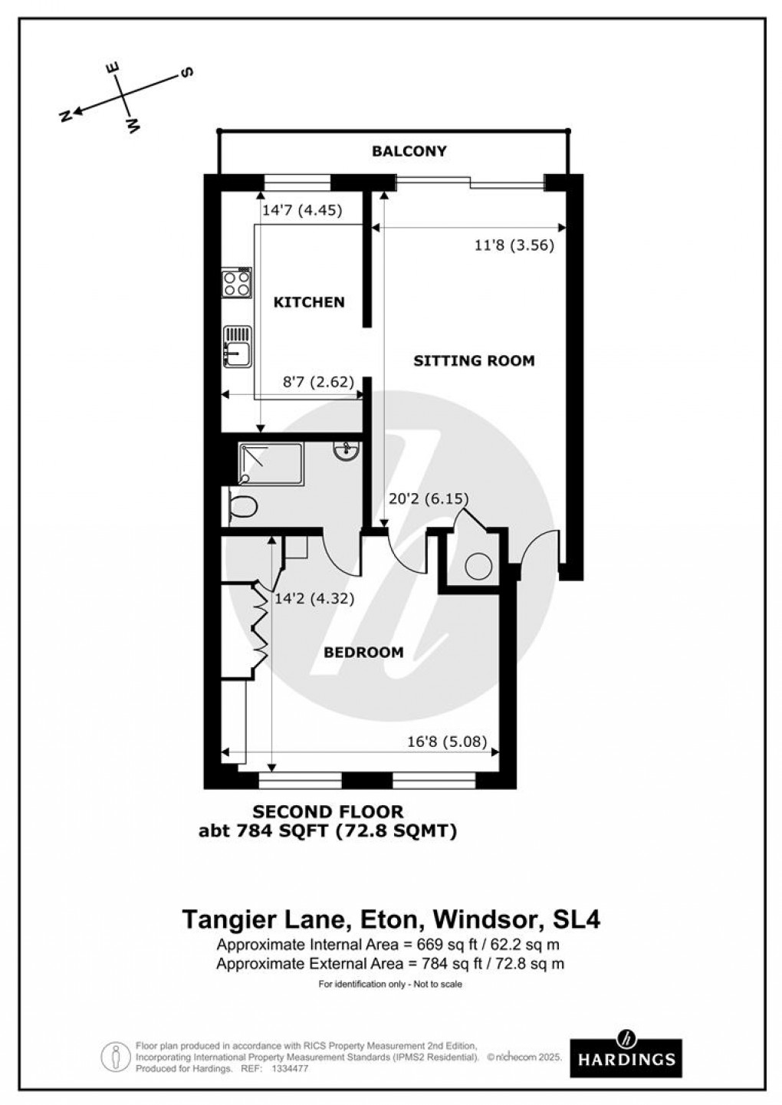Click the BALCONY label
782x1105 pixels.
point(409,151)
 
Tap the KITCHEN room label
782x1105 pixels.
point(309,302)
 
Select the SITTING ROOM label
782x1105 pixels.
point(474,360)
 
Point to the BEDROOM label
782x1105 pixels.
point(363,653)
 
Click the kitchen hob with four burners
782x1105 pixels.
point(237,283)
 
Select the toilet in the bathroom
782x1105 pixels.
point(242,507)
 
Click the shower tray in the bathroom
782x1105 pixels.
point(271,463)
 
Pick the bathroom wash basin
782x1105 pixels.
point(346,449)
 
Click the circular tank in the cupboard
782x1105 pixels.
point(478,567)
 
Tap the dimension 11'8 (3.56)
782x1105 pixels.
point(514,245)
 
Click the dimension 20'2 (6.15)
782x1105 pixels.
point(429,498)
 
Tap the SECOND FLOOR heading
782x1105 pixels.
point(328,811)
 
